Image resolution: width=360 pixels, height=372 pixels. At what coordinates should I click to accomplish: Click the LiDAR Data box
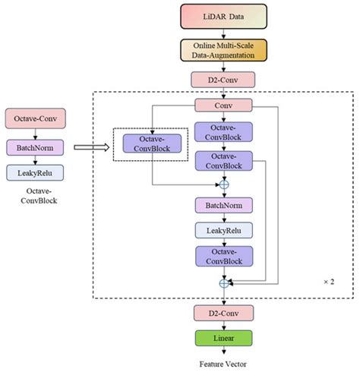click(223, 14)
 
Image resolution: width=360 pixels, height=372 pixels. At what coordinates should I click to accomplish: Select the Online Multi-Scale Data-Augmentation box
click(223, 50)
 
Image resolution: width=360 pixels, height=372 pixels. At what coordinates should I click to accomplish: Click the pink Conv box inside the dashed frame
click(223, 106)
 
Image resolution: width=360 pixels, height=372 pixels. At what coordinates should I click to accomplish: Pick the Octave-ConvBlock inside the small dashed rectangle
click(152, 143)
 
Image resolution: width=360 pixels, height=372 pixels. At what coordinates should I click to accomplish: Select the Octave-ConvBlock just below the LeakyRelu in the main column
click(223, 257)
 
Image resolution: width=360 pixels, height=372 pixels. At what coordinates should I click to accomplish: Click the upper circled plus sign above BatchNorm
click(224, 184)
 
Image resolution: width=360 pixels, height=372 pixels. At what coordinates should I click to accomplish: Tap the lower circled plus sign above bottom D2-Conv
click(224, 283)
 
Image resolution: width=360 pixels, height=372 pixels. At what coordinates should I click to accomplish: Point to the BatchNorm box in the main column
click(223, 205)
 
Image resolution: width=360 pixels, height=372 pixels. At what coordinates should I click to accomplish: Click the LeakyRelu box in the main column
click(223, 230)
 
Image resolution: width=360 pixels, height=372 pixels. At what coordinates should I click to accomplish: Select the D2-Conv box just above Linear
click(223, 312)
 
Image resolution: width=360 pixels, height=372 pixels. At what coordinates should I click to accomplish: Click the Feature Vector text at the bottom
click(223, 363)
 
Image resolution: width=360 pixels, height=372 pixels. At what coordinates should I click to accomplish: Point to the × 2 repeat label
click(329, 282)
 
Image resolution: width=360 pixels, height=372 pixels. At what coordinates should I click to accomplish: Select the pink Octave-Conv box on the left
click(36, 118)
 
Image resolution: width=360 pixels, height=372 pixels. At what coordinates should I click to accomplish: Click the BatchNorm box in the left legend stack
click(36, 147)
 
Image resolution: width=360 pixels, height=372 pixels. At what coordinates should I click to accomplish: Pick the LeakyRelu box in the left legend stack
click(36, 173)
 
